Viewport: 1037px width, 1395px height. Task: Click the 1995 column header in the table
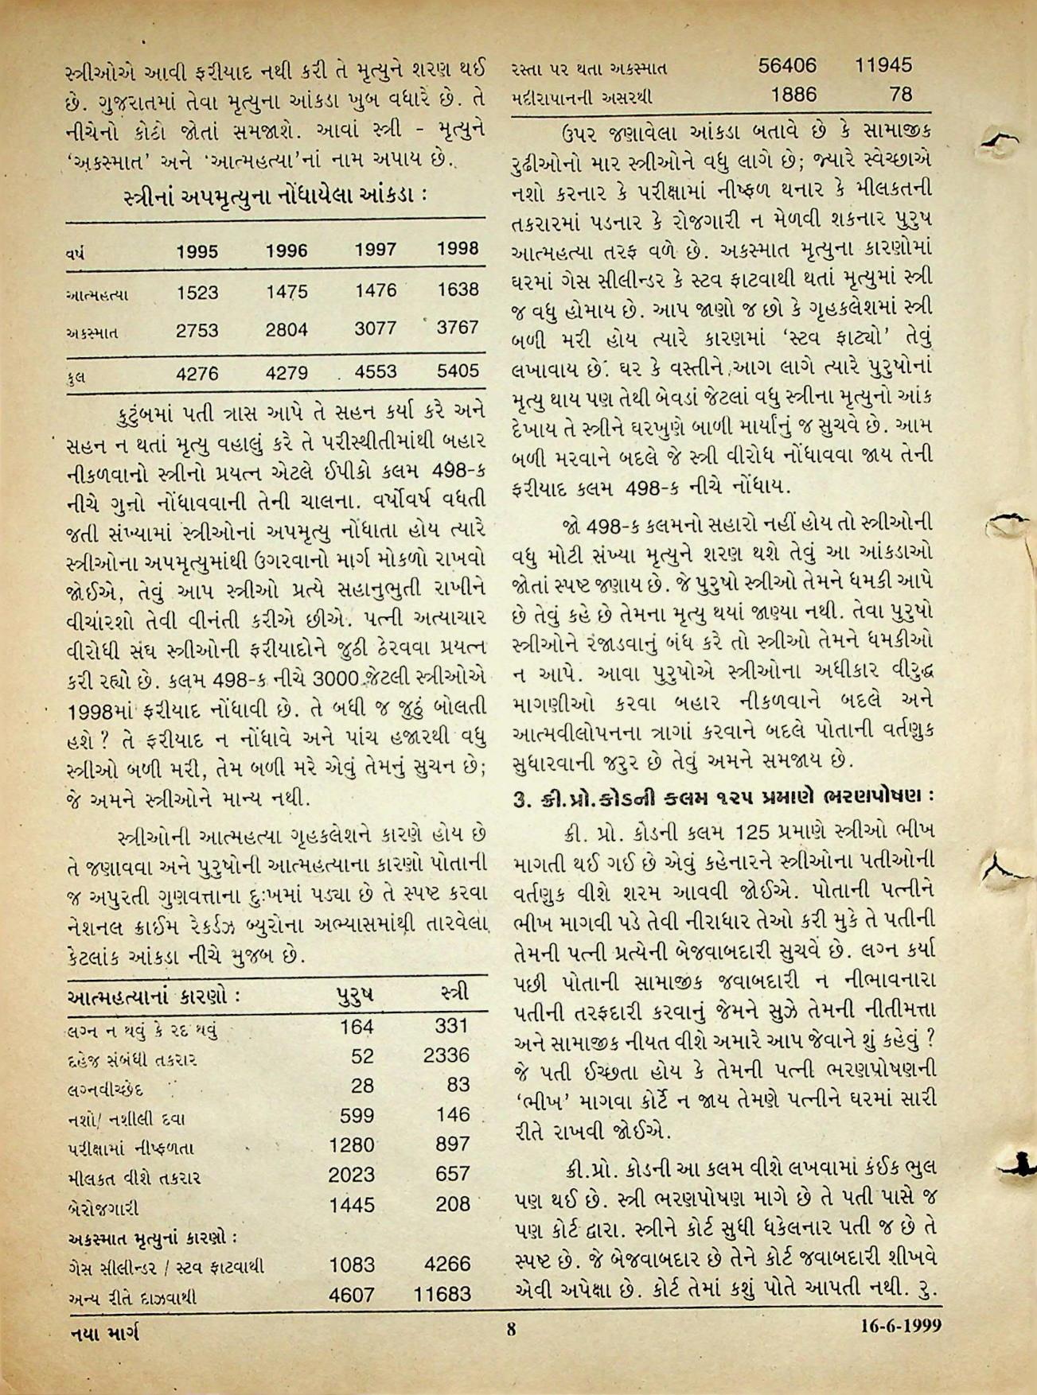pyautogui.click(x=197, y=251)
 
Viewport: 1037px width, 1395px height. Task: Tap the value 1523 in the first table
pyautogui.click(x=197, y=293)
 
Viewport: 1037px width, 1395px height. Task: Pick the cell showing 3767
pyautogui.click(x=458, y=327)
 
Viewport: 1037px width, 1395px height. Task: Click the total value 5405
pyautogui.click(x=458, y=370)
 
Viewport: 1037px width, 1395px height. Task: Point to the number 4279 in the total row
pyautogui.click(x=287, y=372)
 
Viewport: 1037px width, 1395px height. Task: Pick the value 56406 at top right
pyautogui.click(x=787, y=65)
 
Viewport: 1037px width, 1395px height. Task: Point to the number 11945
pyautogui.click(x=883, y=65)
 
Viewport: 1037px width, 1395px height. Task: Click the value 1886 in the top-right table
pyautogui.click(x=793, y=95)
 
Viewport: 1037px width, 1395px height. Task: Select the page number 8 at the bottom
pyautogui.click(x=512, y=1327)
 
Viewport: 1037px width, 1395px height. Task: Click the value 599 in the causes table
pyautogui.click(x=357, y=1115)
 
